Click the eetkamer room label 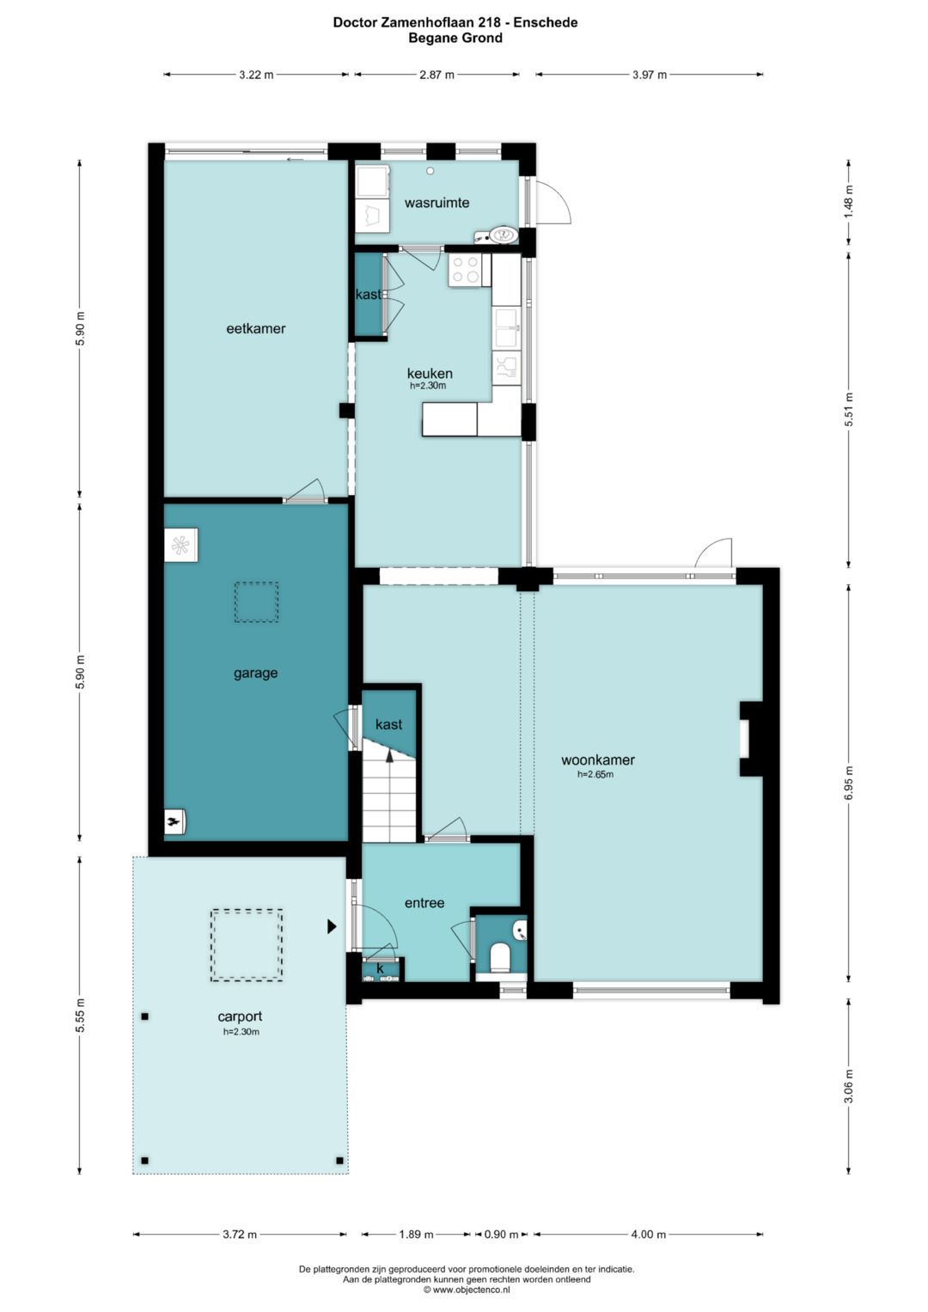click(x=256, y=328)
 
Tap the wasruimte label click(x=437, y=203)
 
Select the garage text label click(x=255, y=674)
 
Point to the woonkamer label click(x=597, y=760)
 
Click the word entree click(x=424, y=903)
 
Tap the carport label click(x=240, y=1016)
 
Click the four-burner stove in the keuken click(x=465, y=270)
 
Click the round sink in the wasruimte click(x=504, y=235)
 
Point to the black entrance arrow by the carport click(x=332, y=926)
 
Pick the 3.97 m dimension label click(x=649, y=75)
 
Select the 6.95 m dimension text click(x=849, y=783)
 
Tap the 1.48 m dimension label click(x=849, y=202)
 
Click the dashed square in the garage click(x=256, y=601)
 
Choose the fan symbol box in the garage click(x=180, y=546)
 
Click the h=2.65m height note click(x=595, y=774)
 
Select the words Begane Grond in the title click(x=455, y=38)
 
